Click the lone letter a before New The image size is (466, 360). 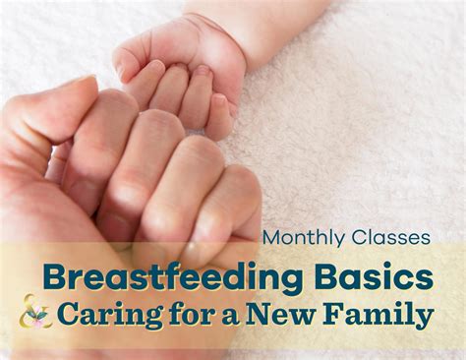[x=233, y=317]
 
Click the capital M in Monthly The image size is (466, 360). [x=271, y=238]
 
